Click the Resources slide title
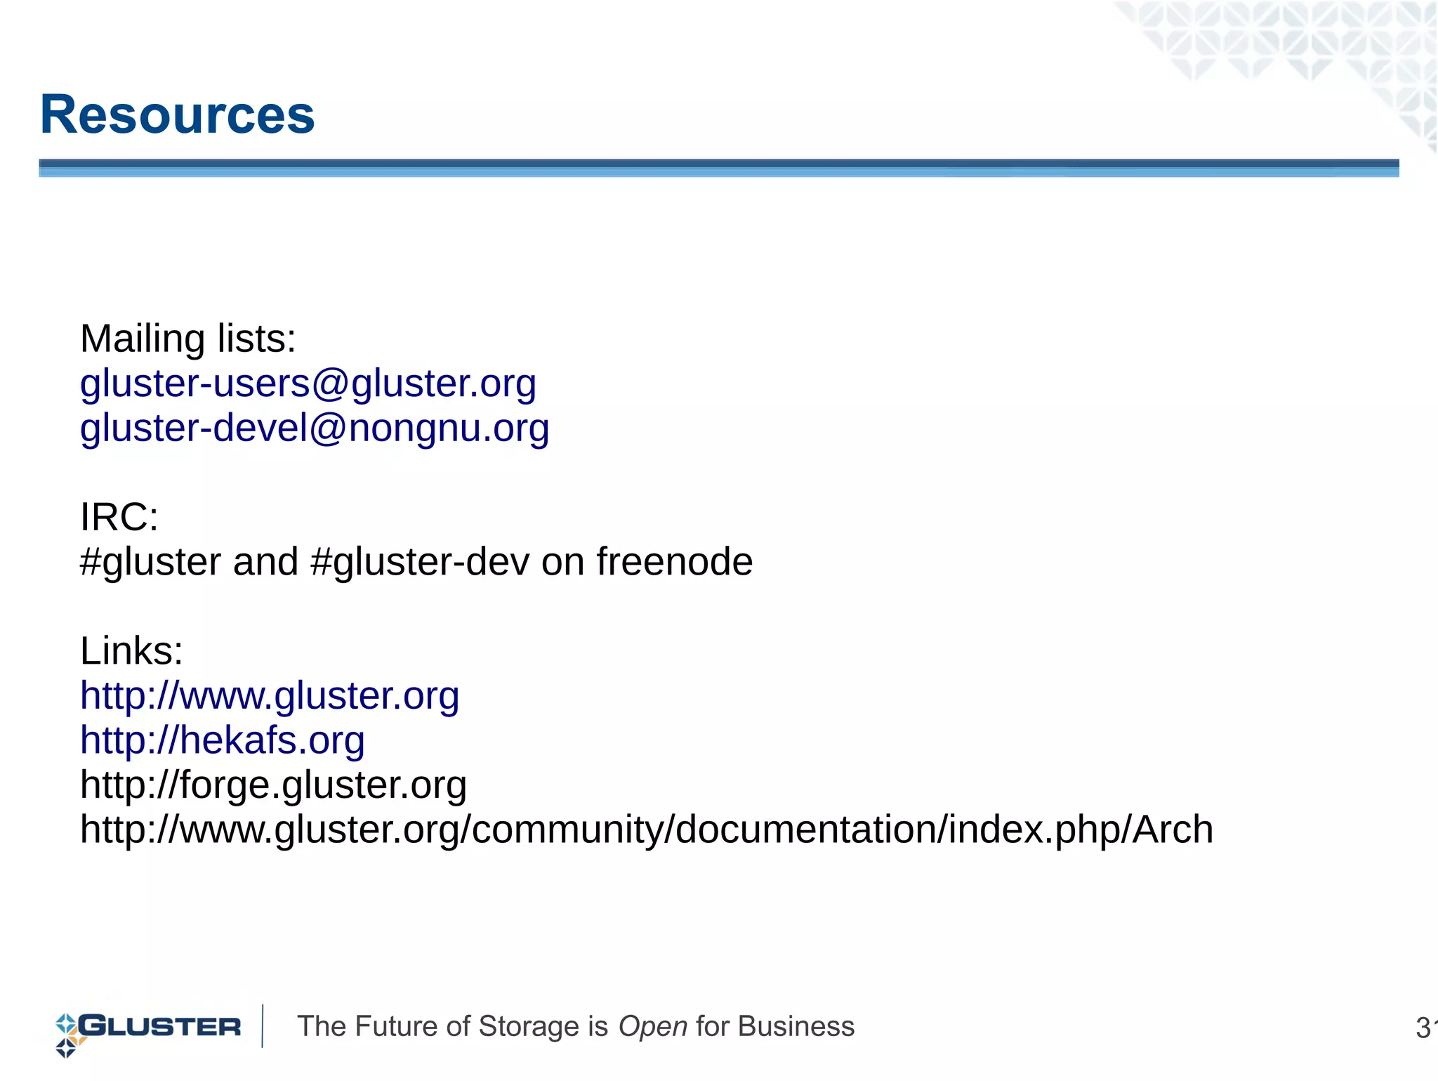click(x=177, y=114)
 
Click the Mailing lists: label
click(x=188, y=339)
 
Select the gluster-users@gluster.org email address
click(x=308, y=384)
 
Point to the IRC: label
click(x=119, y=517)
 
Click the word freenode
click(x=674, y=562)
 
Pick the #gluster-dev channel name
click(x=418, y=562)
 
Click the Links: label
click(x=131, y=651)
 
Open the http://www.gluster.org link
click(x=270, y=695)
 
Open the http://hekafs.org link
click(x=222, y=740)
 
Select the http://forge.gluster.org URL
click(x=273, y=785)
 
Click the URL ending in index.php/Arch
click(x=646, y=830)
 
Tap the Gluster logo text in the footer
click(x=160, y=1026)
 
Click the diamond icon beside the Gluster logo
click(x=66, y=1035)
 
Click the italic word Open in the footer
click(x=652, y=1026)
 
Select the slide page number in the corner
click(x=1425, y=1028)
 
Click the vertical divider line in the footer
click(x=263, y=1026)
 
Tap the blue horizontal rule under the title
click(x=718, y=168)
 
